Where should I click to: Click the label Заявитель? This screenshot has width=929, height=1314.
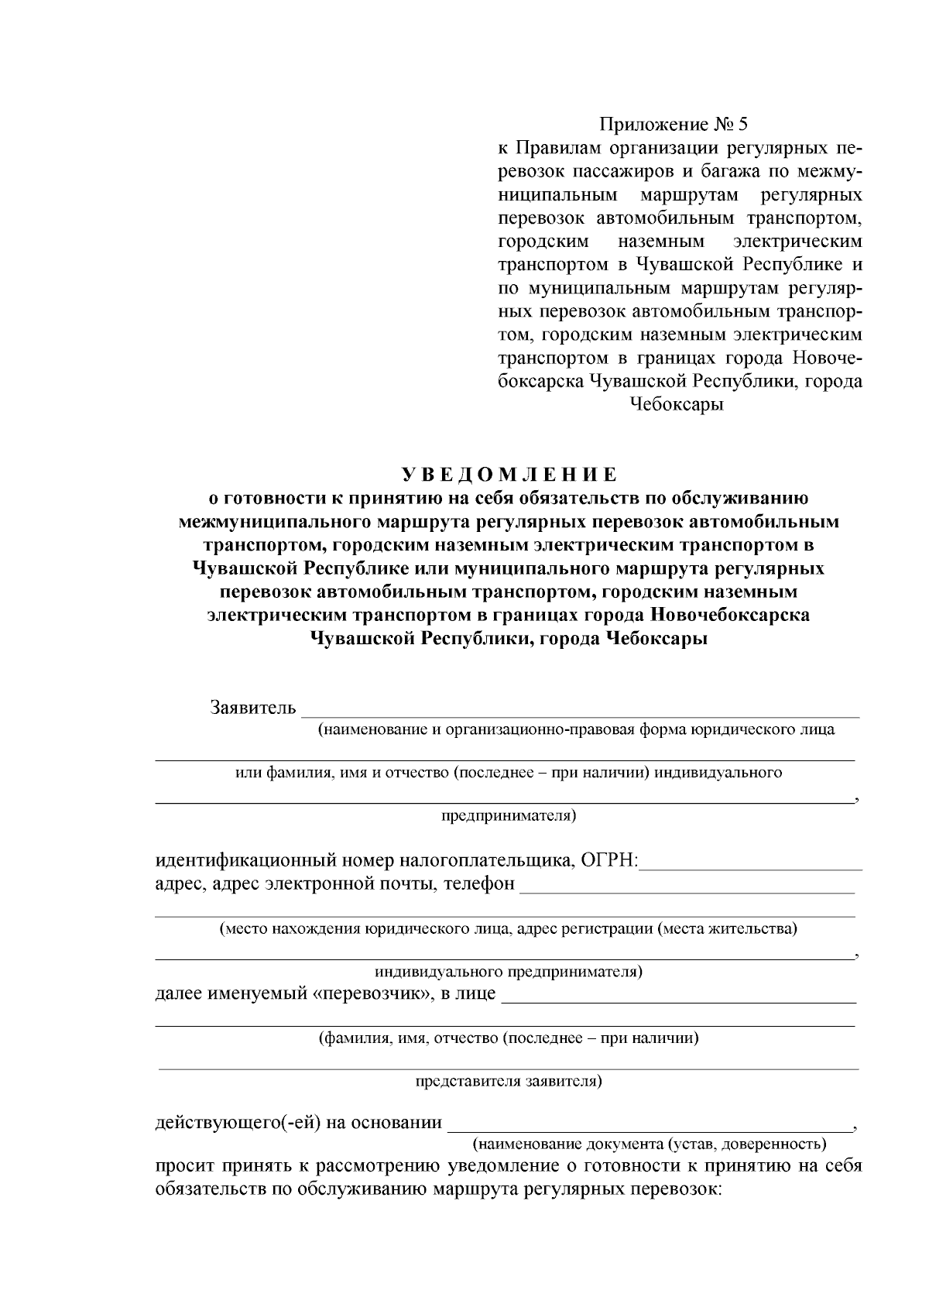[x=252, y=708]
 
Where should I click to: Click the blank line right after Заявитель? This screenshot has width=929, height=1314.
[x=581, y=714]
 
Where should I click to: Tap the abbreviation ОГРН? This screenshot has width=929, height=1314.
[x=612, y=860]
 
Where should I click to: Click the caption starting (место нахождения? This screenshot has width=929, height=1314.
[x=508, y=928]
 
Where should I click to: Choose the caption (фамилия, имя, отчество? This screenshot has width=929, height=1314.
[x=509, y=1038]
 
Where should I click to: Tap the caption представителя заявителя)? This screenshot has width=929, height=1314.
[x=509, y=1082]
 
